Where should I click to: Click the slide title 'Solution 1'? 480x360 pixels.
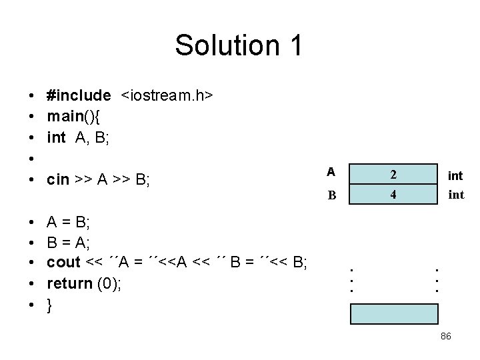coord(239,45)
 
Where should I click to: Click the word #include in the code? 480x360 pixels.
coord(79,95)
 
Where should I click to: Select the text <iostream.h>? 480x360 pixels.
coord(167,95)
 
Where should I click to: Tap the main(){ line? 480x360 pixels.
coord(73,117)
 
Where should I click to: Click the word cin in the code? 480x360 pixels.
coord(58,180)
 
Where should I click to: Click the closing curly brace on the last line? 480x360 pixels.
coord(50,306)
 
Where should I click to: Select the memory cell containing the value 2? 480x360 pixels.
coord(394,175)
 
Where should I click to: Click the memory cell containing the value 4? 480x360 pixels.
coord(394,196)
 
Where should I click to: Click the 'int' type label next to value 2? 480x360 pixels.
coord(455,176)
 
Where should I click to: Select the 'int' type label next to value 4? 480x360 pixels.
coord(455,196)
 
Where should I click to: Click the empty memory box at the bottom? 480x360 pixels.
coord(394,313)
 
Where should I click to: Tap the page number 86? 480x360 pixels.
coord(446,337)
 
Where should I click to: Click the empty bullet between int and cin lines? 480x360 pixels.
coord(32,159)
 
